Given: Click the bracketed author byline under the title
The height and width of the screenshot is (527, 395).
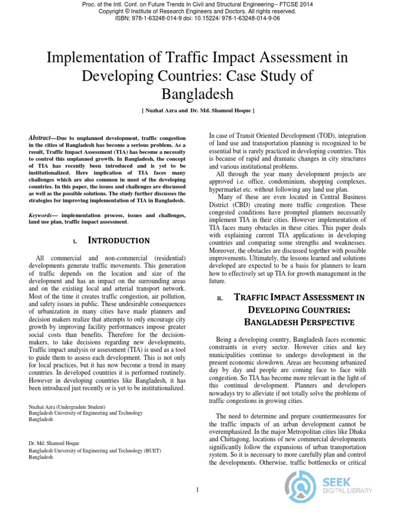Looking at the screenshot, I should tap(197, 111).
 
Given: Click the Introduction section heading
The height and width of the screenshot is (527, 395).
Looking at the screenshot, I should tap(119, 240).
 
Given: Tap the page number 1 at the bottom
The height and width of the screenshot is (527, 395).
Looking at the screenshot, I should tap(197, 489).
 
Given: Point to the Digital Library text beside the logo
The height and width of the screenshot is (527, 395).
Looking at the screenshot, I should tap(347, 491).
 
